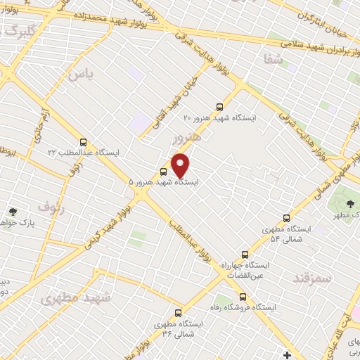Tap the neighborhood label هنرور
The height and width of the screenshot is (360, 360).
186,138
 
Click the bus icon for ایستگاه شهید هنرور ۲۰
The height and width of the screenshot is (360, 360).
219,107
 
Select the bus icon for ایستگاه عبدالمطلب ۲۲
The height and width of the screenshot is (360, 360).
84,141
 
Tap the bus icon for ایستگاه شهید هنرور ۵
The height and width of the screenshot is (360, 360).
163,172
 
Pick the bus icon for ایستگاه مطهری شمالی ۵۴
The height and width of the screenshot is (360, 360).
286,218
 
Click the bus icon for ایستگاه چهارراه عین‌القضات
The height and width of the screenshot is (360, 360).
245,254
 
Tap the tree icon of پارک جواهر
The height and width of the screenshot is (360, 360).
12,211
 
